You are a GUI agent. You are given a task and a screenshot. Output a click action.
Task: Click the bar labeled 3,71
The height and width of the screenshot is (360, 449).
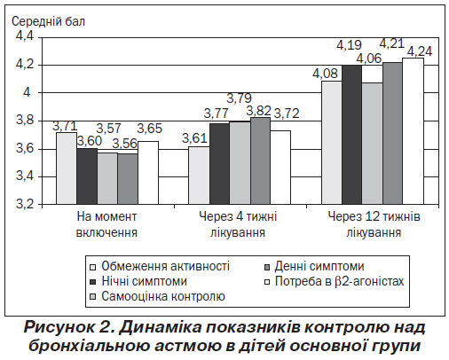tap(67, 168)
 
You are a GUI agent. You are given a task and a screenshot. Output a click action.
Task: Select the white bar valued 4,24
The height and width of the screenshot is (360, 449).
tap(414, 131)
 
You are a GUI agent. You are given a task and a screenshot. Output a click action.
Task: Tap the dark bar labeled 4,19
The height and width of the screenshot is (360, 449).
tap(352, 135)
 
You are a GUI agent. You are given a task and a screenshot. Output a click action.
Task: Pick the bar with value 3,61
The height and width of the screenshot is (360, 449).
tap(199, 176)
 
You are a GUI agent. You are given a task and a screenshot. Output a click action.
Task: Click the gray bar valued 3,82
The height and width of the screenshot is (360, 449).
tap(260, 160)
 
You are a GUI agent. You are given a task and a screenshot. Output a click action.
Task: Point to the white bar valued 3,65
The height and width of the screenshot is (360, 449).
tap(148, 173)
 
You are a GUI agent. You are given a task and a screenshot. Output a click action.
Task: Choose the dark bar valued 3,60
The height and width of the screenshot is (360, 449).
tap(87, 176)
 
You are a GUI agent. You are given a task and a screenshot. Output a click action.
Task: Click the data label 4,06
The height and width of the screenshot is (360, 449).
tap(369, 59)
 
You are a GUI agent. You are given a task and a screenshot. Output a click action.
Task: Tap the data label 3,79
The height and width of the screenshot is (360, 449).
tap(239, 98)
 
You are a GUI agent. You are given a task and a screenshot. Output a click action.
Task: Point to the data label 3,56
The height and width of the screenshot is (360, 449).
tap(125, 144)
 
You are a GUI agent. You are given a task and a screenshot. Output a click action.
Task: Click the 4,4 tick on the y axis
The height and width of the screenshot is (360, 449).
tap(25, 36)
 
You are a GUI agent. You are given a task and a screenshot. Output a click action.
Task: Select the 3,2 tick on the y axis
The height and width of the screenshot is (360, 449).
tap(25, 204)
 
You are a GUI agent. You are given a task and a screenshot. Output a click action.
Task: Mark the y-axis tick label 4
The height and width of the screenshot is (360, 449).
tap(27, 93)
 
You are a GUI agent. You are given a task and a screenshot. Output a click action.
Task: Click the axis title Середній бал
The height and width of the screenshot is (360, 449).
tap(48, 21)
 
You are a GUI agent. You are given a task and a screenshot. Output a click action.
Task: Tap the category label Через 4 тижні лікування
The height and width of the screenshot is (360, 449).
tap(238, 224)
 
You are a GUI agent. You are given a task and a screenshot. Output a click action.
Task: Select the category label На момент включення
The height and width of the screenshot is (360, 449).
tap(106, 224)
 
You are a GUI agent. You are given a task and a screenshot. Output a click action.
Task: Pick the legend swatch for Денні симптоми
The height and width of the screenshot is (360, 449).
tap(267, 267)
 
